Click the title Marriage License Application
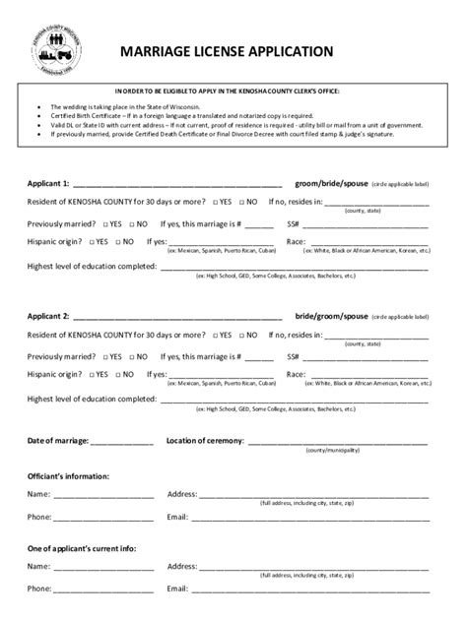pos(227,51)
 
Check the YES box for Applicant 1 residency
pos(214,202)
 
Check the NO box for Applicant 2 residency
pos(240,336)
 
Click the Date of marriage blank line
pos(123,442)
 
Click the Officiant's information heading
pos(68,475)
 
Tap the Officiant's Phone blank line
pos(103,517)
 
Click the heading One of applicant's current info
pos(82,547)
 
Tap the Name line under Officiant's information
pos(103,495)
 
